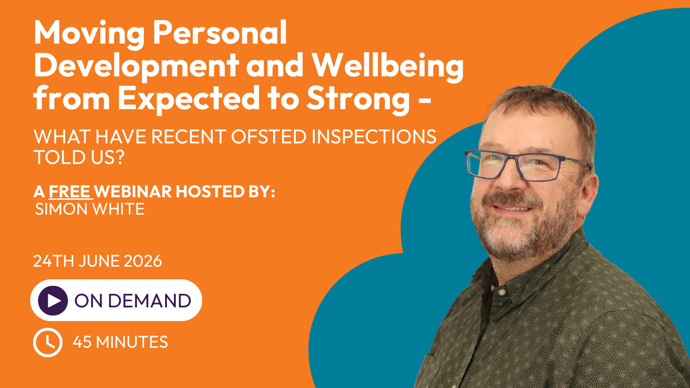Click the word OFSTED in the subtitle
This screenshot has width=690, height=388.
pyautogui.click(x=269, y=137)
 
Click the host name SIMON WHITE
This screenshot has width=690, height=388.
pyautogui.click(x=90, y=209)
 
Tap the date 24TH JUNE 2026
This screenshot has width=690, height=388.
pyautogui.click(x=97, y=261)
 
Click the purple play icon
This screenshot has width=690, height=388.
pyautogui.click(x=53, y=300)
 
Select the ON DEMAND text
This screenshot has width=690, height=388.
pyautogui.click(x=133, y=300)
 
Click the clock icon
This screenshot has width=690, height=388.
pyautogui.click(x=48, y=343)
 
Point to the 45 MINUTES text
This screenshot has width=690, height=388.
pyautogui.click(x=120, y=342)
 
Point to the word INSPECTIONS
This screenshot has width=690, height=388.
pyautogui.click(x=374, y=137)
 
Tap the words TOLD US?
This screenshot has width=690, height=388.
pyautogui.click(x=79, y=157)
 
